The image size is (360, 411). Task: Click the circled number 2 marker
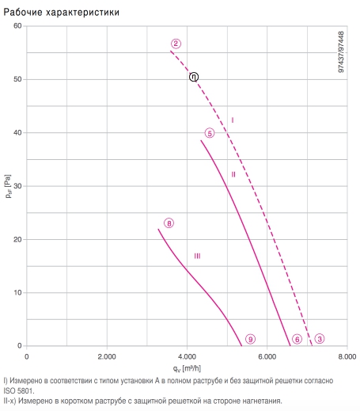(176, 44)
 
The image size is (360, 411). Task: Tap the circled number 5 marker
(210, 133)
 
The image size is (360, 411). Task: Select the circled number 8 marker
(169, 223)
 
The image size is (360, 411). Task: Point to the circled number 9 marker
(250, 339)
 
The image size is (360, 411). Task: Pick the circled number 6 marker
(297, 339)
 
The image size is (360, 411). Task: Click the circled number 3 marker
(320, 339)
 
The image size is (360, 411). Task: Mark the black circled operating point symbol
(194, 77)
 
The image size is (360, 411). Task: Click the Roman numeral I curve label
(233, 120)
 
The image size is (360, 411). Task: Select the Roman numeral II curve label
(233, 174)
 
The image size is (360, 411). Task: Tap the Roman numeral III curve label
(197, 256)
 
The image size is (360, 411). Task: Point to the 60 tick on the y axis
(17, 26)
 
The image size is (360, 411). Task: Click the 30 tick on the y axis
(17, 186)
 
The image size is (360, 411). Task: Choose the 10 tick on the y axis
(17, 292)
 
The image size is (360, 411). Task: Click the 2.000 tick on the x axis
(107, 356)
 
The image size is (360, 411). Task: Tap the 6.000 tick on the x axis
(267, 356)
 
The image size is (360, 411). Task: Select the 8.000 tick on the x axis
(347, 356)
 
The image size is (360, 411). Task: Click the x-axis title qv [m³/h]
(187, 368)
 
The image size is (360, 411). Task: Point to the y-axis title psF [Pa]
(8, 186)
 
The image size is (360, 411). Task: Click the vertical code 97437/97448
(341, 51)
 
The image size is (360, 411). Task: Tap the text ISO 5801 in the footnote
(18, 391)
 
